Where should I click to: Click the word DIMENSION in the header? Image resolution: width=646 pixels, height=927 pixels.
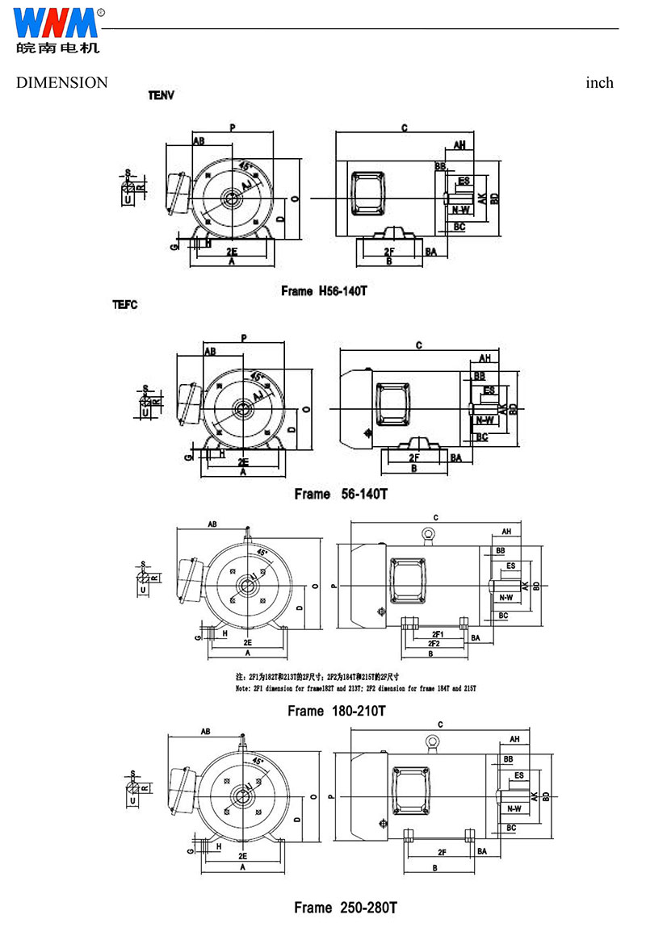[x=61, y=82]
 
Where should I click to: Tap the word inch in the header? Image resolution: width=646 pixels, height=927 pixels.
[x=599, y=82]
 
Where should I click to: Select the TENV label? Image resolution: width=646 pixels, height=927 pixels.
[x=161, y=95]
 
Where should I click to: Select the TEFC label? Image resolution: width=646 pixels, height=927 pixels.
[x=125, y=305]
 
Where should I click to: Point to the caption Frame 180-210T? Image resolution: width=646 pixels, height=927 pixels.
[x=337, y=711]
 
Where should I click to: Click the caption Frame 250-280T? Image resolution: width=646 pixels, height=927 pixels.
[x=345, y=908]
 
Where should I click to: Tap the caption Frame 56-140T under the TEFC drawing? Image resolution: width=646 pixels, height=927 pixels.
[x=341, y=494]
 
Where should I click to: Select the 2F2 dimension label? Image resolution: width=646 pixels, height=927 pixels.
[x=434, y=644]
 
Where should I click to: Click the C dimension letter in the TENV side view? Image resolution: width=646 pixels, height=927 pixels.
[x=404, y=128]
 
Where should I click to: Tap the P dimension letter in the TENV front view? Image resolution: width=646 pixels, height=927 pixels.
[x=233, y=127]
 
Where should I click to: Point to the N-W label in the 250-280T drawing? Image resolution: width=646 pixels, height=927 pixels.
[x=514, y=808]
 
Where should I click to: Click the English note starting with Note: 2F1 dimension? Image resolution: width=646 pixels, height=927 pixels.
[x=356, y=688]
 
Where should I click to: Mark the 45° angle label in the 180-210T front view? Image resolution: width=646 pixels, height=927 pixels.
[x=262, y=553]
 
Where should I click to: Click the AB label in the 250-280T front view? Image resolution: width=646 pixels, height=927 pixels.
[x=205, y=731]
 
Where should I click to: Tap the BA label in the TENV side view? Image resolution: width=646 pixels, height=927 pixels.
[x=431, y=252]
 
